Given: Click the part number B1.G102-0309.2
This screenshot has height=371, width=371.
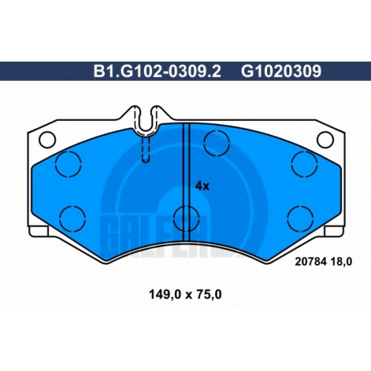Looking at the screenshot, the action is (x=157, y=71).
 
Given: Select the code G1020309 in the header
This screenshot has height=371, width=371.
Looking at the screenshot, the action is (x=281, y=71).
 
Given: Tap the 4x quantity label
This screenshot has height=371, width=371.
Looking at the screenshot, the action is (x=203, y=186).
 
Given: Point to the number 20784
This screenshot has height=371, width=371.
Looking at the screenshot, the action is (x=311, y=262).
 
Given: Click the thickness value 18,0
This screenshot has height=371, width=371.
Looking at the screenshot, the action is (x=341, y=262).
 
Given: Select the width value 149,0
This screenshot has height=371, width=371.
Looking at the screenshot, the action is (x=165, y=295).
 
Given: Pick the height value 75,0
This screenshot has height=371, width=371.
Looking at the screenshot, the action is (x=208, y=295).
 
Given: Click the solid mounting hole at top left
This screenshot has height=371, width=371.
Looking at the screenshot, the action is (x=47, y=139).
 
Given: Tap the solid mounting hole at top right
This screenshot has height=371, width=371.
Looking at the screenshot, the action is (x=326, y=139).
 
